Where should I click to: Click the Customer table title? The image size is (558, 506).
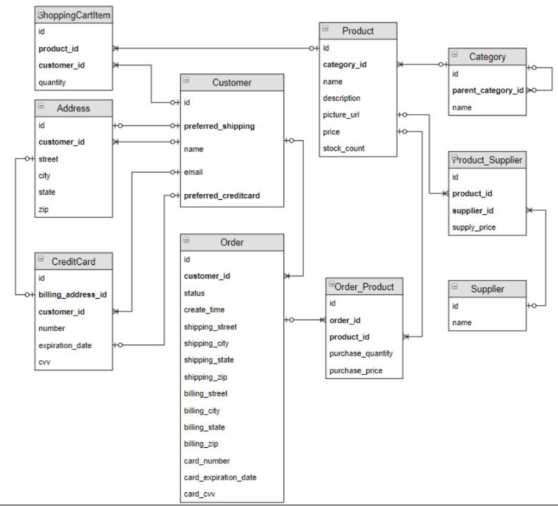click(232, 83)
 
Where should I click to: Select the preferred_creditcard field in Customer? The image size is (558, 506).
click(221, 195)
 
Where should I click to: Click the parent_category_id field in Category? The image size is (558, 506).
click(488, 90)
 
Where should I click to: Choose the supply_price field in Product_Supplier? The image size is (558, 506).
click(474, 227)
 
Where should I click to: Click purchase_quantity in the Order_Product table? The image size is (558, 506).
click(361, 354)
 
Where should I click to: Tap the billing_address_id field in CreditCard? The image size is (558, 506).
click(72, 294)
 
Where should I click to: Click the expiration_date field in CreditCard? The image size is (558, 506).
click(65, 345)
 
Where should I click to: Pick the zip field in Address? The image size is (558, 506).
click(43, 208)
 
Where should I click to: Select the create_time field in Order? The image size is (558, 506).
click(205, 310)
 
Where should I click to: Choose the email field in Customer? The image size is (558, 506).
click(193, 172)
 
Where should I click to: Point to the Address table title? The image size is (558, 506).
click(74, 108)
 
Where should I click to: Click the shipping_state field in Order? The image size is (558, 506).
click(209, 360)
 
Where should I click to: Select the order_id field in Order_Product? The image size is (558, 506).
click(345, 320)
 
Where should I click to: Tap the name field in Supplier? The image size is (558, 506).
click(461, 323)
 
